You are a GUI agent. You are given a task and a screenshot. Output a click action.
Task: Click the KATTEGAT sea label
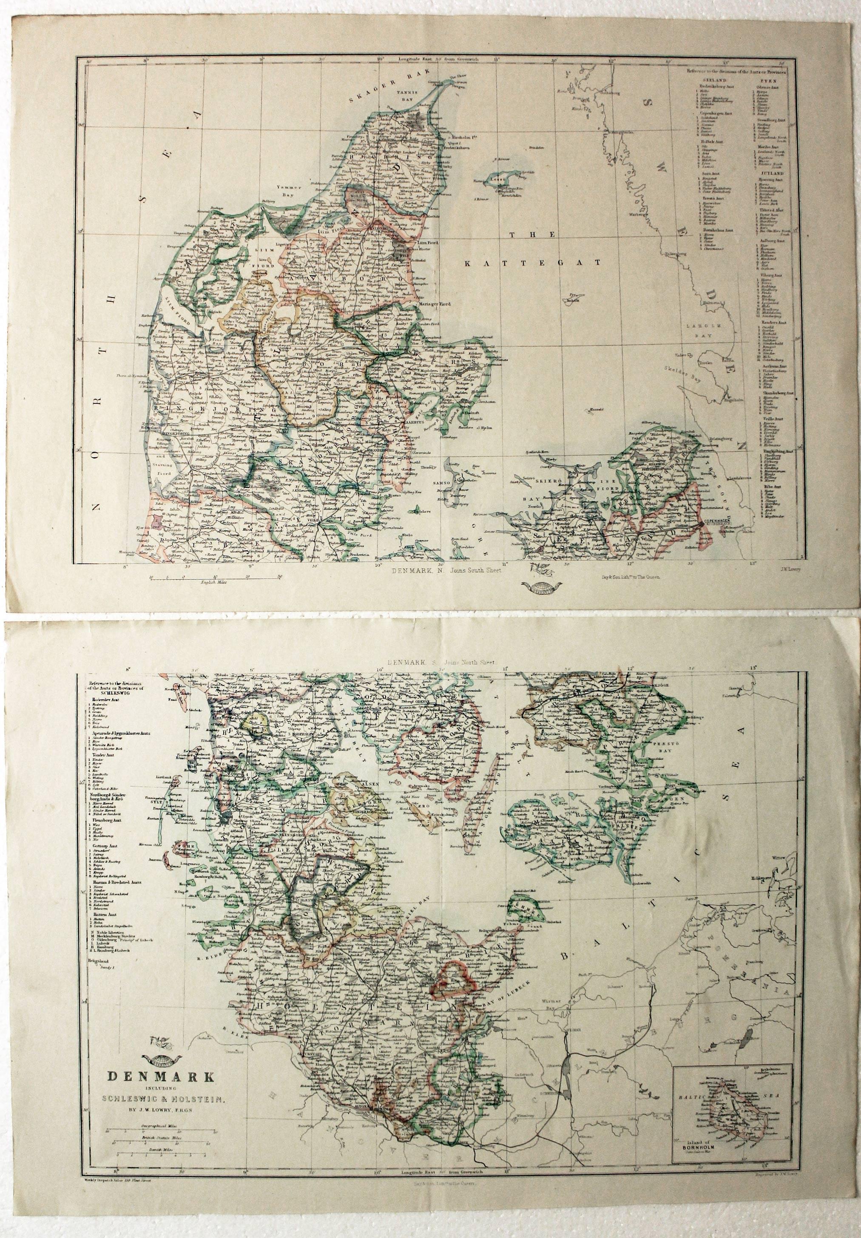pyautogui.click(x=534, y=263)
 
